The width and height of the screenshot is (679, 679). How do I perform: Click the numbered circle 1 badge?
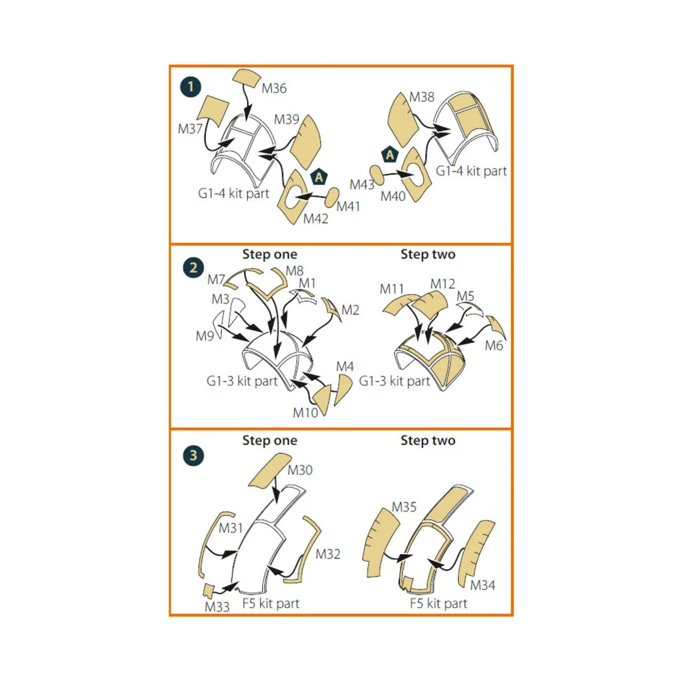pyautogui.click(x=191, y=87)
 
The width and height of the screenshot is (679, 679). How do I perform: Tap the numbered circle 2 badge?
pyautogui.click(x=193, y=268)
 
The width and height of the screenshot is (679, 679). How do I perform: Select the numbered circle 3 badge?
pyautogui.click(x=193, y=455)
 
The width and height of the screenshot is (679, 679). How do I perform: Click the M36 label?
pyautogui.click(x=274, y=88)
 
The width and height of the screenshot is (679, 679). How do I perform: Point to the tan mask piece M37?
pyautogui.click(x=213, y=110)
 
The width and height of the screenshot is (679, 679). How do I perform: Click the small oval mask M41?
pyautogui.click(x=332, y=197)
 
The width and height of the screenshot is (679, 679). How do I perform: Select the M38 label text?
pyautogui.click(x=422, y=97)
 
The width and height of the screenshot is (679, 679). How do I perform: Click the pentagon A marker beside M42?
pyautogui.click(x=319, y=177)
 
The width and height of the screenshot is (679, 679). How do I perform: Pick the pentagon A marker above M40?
pyautogui.click(x=390, y=154)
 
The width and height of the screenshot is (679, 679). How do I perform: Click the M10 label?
pyautogui.click(x=305, y=412)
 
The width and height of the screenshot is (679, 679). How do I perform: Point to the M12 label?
pyautogui.click(x=442, y=283)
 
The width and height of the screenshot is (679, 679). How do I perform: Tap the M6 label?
pyautogui.click(x=493, y=345)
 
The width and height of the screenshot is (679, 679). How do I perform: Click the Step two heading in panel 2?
pyautogui.click(x=428, y=254)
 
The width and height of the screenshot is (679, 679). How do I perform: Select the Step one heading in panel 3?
pyautogui.click(x=269, y=440)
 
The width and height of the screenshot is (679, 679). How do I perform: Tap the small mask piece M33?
pyautogui.click(x=209, y=590)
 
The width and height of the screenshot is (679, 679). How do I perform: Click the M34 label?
pyautogui.click(x=483, y=585)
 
